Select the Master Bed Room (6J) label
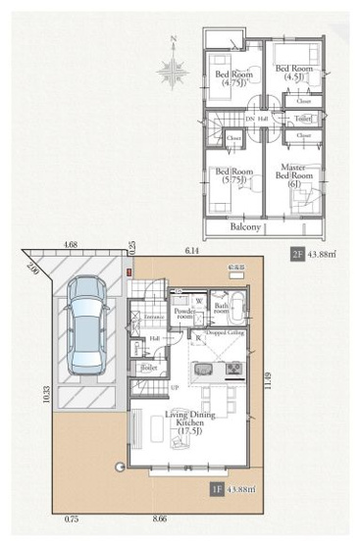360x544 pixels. (x=294, y=179)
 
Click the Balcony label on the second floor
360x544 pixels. (x=245, y=226)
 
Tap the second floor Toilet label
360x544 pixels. (x=303, y=119)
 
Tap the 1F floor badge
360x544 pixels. (x=220, y=487)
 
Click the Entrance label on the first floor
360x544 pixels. (x=155, y=318)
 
